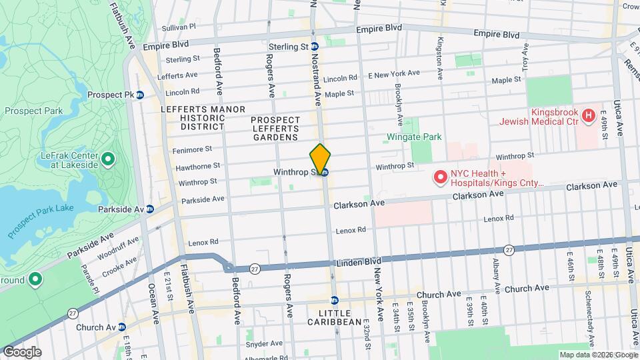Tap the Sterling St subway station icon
point(314,47)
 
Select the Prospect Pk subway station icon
point(140,95)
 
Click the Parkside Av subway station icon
point(150,209)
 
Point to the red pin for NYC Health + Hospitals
point(440,177)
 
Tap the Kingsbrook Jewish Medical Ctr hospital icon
point(588,116)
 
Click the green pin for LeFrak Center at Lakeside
point(108,159)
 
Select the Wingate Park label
point(414,137)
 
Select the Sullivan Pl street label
point(179,28)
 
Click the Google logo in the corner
point(21,352)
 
